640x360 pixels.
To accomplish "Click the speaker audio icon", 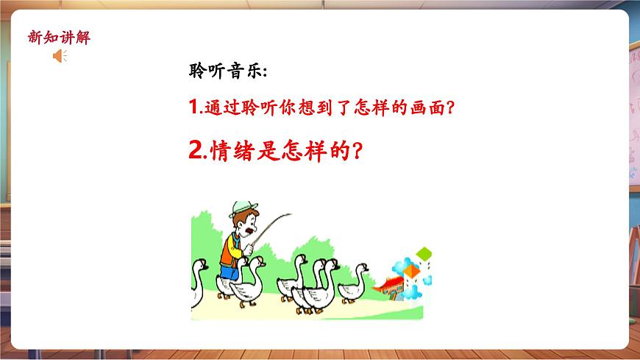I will click(60, 56).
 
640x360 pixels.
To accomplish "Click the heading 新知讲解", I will click(58, 38).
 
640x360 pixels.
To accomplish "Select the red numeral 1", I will click(193, 107).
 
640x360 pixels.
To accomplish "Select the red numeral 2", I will click(196, 151).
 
